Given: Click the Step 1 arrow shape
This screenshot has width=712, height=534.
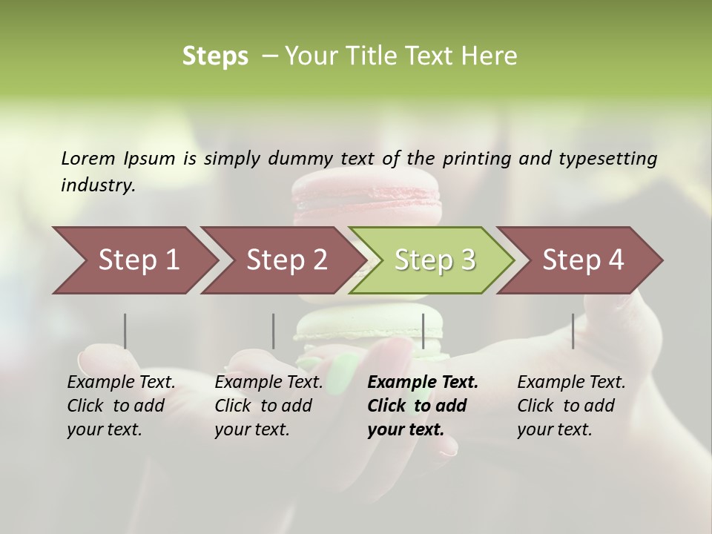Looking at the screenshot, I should [137, 260].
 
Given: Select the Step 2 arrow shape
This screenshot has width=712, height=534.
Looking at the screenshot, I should [286, 260].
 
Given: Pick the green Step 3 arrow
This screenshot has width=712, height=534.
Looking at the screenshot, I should [434, 260].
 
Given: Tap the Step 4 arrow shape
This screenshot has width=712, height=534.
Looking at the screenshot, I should [582, 260].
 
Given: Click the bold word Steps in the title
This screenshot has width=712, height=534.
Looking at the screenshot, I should [215, 56].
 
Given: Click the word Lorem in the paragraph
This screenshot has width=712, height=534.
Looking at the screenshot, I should [88, 158].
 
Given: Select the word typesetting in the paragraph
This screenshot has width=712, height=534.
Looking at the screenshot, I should [607, 158].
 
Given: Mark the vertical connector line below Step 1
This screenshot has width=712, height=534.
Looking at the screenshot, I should [125, 331].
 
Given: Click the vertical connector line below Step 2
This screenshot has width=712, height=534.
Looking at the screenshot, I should [274, 331].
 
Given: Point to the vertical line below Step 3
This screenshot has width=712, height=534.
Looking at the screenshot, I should [423, 331].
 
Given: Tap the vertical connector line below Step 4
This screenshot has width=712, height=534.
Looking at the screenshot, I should [573, 331].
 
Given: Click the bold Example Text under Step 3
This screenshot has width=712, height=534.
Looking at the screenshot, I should [423, 383].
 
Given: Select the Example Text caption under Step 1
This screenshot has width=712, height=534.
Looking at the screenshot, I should [121, 383].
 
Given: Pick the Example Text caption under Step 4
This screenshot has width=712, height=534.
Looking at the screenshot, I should [571, 383].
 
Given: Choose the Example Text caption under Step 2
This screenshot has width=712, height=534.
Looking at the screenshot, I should [268, 383].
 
